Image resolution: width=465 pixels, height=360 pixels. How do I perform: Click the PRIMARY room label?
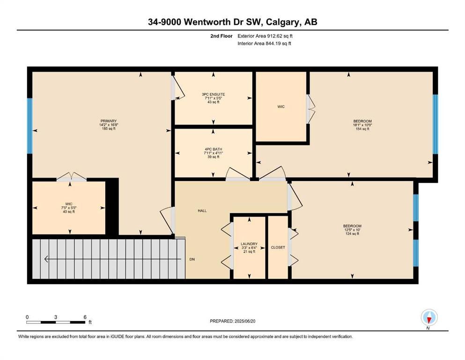tap(109, 121)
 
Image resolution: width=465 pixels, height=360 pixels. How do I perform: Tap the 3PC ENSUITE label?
tap(213, 94)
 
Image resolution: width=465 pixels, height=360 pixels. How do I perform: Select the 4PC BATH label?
tap(213, 149)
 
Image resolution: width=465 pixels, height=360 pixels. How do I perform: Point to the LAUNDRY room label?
tap(249, 244)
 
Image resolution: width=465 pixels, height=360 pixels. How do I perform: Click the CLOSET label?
tap(278, 247)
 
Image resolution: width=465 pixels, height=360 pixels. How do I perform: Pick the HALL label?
tap(202, 211)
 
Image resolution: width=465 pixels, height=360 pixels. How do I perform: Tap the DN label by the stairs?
tap(192, 259)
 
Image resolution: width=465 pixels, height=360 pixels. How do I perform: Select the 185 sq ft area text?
tap(109, 129)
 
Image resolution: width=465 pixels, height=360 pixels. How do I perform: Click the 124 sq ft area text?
tap(352, 233)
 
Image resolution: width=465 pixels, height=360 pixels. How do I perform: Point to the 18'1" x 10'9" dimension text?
tap(362, 125)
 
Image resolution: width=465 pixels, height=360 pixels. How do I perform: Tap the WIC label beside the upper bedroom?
tap(281, 106)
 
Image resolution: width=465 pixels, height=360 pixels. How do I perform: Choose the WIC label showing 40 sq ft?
tap(69, 204)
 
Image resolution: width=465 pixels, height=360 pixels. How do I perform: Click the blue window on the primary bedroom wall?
tap(30, 126)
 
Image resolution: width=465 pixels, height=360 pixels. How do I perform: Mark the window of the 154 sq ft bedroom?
tap(435, 124)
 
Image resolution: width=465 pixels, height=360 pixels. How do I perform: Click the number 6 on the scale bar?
tap(85, 317)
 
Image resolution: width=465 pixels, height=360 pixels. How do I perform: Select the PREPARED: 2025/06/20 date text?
tap(232, 321)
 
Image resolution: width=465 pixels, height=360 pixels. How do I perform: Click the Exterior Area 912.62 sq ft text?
tap(265, 36)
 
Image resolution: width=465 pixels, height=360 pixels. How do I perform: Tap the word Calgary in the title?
tap(283, 22)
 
